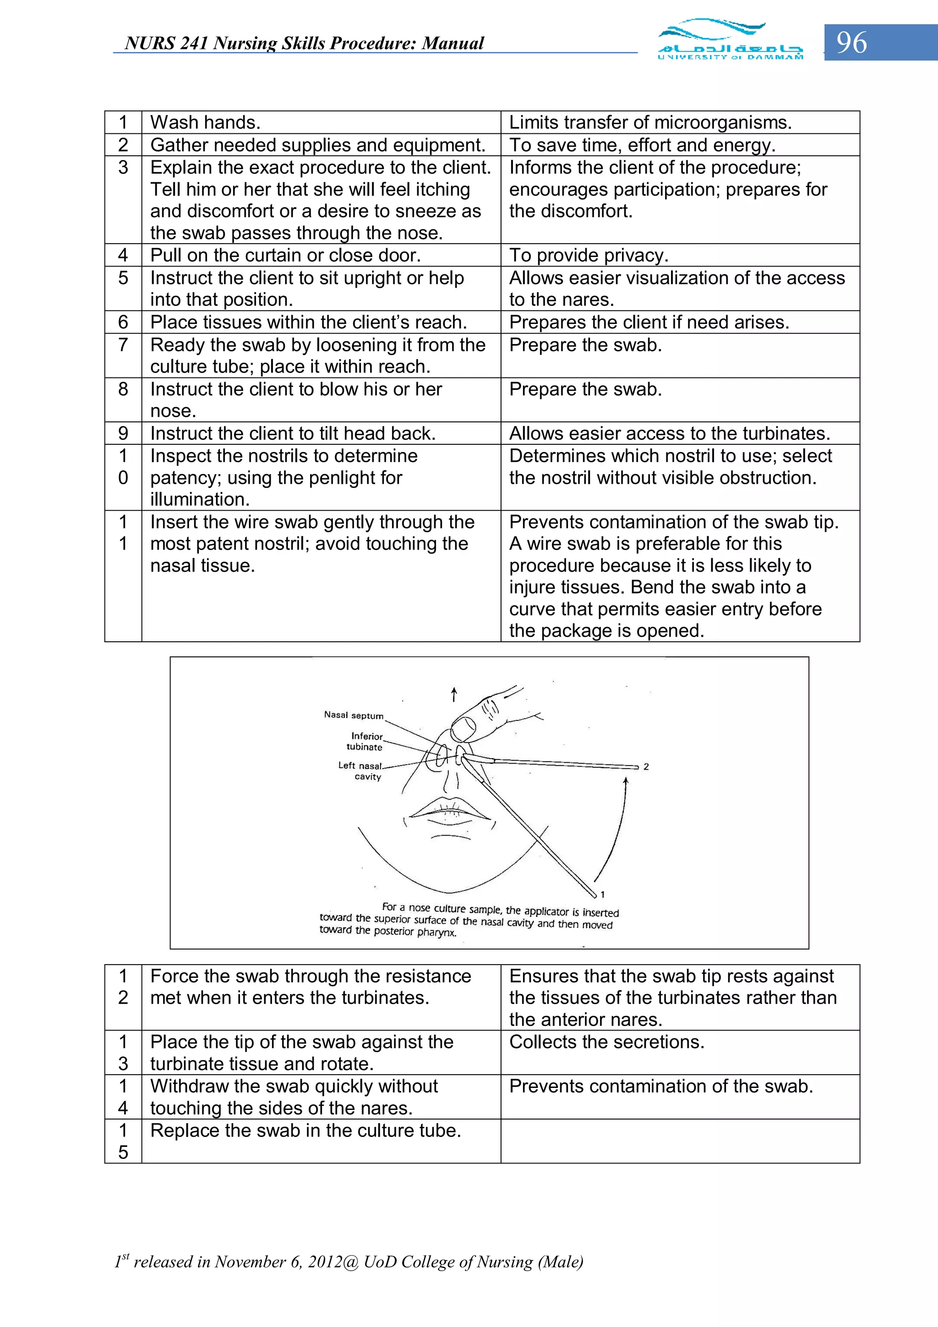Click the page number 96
pyautogui.click(x=851, y=43)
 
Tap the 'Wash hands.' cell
pyautogui.click(x=205, y=122)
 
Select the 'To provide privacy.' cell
pyautogui.click(x=589, y=255)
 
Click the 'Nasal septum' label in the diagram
pyautogui.click(x=353, y=715)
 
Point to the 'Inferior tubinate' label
pyautogui.click(x=365, y=741)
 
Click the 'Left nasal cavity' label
pyautogui.click(x=360, y=770)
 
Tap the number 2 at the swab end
pyautogui.click(x=646, y=766)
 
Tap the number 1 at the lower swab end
pyautogui.click(x=602, y=894)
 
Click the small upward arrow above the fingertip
pyautogui.click(x=454, y=694)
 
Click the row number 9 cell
pyautogui.click(x=123, y=433)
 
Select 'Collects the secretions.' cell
pyautogui.click(x=606, y=1042)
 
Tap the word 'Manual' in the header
pyautogui.click(x=453, y=44)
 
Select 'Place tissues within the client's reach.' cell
pyautogui.click(x=308, y=322)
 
